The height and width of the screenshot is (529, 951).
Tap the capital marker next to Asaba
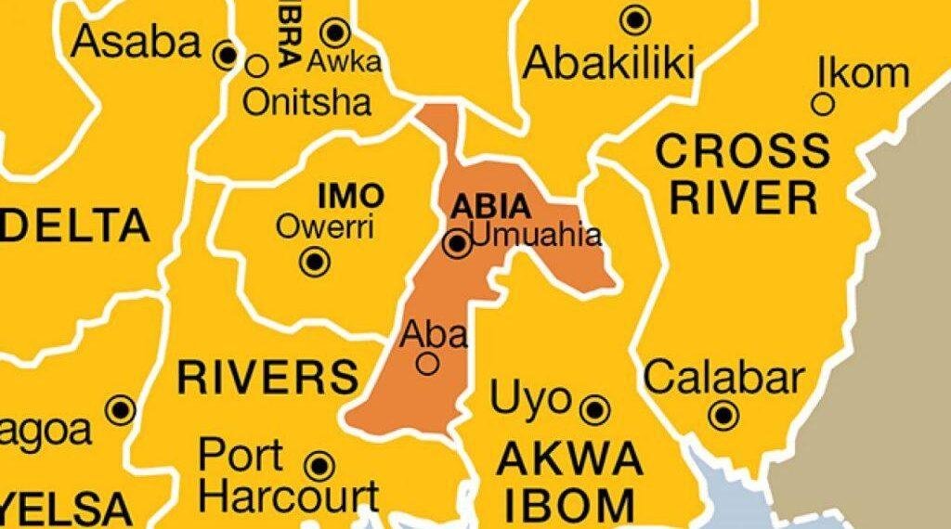[227, 56]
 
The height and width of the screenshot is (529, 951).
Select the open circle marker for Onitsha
[256, 65]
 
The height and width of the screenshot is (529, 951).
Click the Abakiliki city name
[609, 63]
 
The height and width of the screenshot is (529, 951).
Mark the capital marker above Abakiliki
[635, 19]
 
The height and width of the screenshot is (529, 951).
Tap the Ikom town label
[863, 72]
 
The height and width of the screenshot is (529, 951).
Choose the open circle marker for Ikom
[823, 104]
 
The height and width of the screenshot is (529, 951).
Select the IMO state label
[350, 196]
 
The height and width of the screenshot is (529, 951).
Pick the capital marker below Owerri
[316, 262]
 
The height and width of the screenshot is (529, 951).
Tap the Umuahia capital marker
[457, 244]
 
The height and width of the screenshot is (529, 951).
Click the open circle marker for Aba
[427, 365]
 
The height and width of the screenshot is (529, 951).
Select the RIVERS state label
[267, 377]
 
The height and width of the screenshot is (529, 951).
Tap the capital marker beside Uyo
[594, 408]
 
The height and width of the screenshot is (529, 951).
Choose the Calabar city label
[723, 379]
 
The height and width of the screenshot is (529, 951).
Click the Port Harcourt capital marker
[319, 464]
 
